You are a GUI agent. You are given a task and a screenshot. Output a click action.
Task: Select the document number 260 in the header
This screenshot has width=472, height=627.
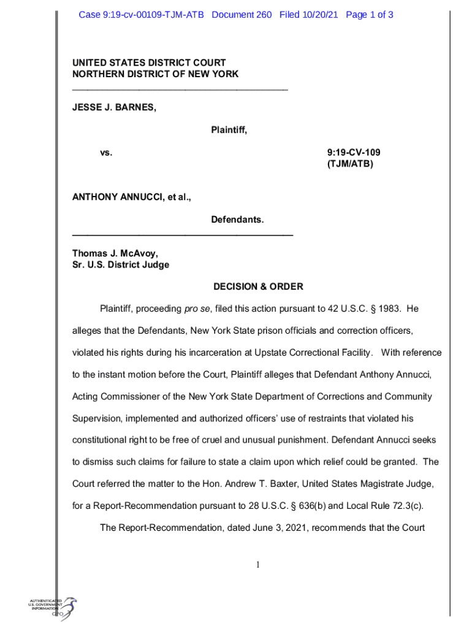[263, 14]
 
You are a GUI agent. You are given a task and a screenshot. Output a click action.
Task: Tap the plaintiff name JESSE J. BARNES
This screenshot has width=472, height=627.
[115, 108]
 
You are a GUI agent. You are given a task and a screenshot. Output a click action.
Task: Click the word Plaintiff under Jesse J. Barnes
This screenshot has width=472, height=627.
[229, 130]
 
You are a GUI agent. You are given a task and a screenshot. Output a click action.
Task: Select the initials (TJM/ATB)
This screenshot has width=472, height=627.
[351, 164]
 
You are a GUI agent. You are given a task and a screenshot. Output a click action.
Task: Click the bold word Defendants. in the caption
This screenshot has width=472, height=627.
[237, 219]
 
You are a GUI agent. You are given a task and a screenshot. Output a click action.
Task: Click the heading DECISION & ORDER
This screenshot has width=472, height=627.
[258, 287]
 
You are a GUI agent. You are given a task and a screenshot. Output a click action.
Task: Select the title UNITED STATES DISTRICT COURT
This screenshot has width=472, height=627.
[149, 62]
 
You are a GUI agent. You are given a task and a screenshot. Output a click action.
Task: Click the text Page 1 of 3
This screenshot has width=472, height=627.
[370, 14]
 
